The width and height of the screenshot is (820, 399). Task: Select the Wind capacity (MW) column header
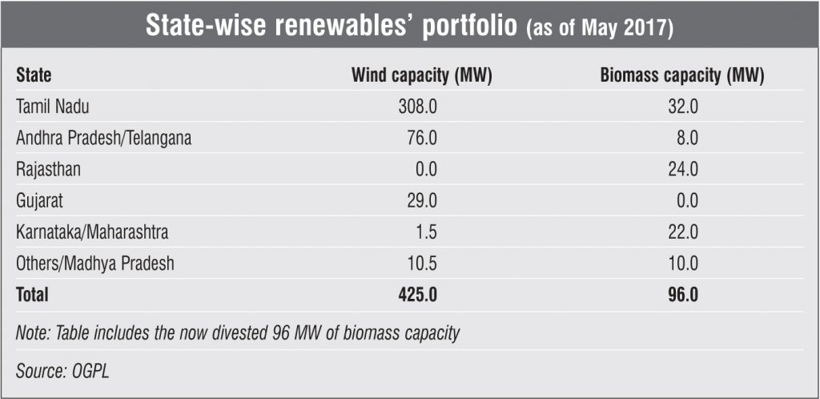pos(421,76)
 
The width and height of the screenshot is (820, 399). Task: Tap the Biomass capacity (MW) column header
pos(681,76)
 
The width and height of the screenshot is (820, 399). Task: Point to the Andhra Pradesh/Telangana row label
pos(103,138)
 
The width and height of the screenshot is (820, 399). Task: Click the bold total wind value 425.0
pos(416,295)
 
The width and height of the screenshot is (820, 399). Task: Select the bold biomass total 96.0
pos(681,295)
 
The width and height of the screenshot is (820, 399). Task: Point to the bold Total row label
pos(32,295)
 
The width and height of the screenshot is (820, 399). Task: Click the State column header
pos(34,76)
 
